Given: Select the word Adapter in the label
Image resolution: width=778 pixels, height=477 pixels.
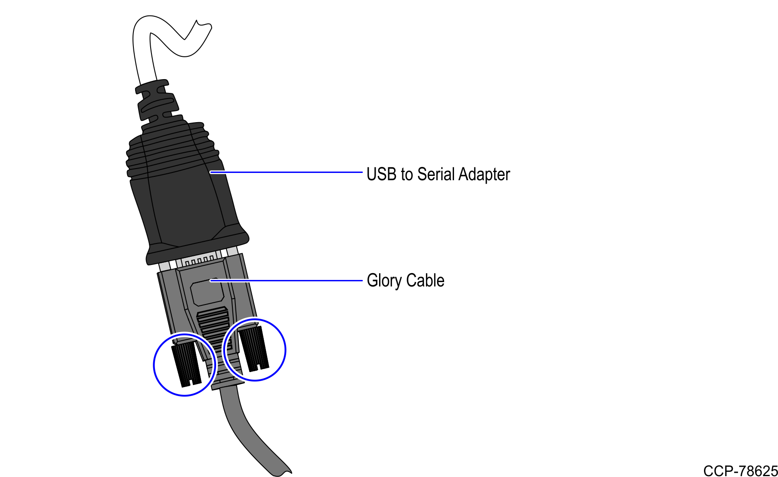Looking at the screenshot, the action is tap(484, 175).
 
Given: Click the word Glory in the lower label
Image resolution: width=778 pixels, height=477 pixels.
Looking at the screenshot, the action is tap(384, 280).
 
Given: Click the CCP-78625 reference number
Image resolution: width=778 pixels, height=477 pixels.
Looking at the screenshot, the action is tap(741, 471).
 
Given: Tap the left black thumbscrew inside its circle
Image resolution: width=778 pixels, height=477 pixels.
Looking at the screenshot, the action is tap(186, 364).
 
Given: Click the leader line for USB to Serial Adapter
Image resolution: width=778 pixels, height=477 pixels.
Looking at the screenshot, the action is tap(286, 172).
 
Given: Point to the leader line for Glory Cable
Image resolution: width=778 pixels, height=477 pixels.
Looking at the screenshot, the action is tap(286, 281).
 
